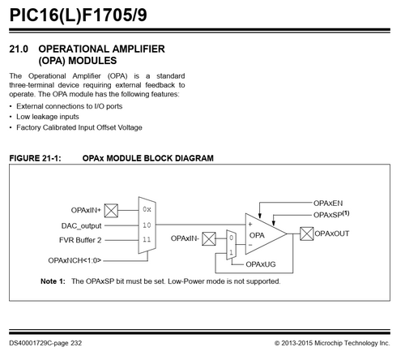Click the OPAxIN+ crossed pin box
(x=111, y=211)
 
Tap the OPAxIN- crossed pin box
(x=209, y=239)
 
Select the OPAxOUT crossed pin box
(x=307, y=234)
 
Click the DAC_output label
(x=81, y=225)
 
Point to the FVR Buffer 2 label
(x=80, y=240)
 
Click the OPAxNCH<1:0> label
(x=75, y=260)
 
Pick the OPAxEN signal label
(x=328, y=204)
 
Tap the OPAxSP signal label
(x=331, y=215)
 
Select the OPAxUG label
(x=261, y=264)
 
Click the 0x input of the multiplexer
(x=147, y=209)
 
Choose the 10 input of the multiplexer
(x=147, y=225)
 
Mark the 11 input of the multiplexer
(x=147, y=239)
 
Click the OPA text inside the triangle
(x=257, y=235)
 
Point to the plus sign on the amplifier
(x=250, y=225)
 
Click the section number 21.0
(x=19, y=49)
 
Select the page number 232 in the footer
(x=76, y=343)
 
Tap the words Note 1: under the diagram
(x=53, y=281)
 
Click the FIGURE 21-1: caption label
(x=35, y=158)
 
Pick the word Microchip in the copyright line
(x=328, y=343)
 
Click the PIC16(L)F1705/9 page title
(x=79, y=15)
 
